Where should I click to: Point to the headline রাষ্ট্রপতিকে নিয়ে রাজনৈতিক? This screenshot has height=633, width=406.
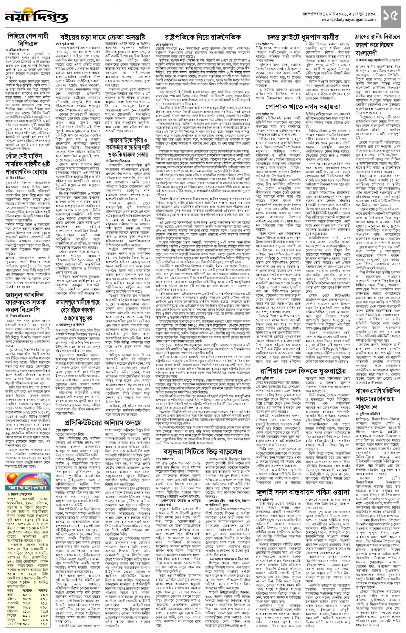(x=203, y=37)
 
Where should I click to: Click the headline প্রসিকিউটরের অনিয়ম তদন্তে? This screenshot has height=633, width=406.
(x=103, y=422)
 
